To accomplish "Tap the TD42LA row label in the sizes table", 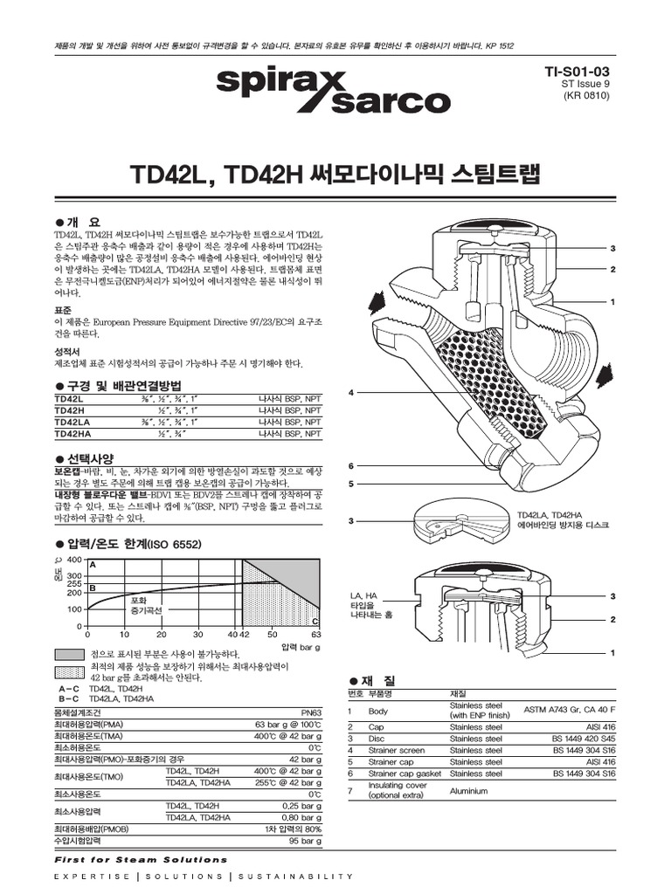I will [72, 421].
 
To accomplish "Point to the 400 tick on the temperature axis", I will [74, 560].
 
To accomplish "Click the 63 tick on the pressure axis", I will [316, 635].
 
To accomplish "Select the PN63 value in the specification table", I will [311, 713].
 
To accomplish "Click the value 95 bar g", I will [306, 841].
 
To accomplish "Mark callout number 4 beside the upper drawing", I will [350, 393].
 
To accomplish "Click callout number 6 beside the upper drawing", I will [350, 465].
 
